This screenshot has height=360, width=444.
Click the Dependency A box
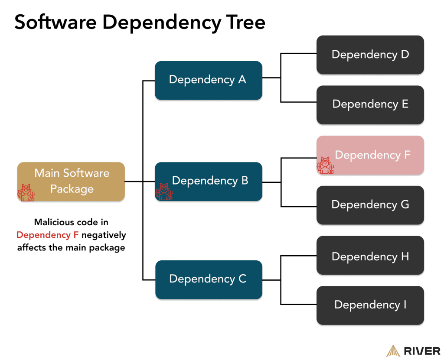click(x=208, y=81)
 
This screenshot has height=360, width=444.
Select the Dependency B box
click(x=208, y=181)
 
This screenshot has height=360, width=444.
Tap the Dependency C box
click(x=208, y=279)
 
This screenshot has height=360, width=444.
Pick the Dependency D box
click(x=370, y=55)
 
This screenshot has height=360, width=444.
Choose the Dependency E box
click(x=370, y=105)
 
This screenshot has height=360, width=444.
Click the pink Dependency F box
click(x=370, y=155)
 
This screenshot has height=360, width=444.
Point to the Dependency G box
click(x=370, y=205)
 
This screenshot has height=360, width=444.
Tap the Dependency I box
click(x=370, y=305)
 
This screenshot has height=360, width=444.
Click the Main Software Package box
click(x=71, y=181)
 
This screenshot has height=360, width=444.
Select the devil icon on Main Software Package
click(x=26, y=192)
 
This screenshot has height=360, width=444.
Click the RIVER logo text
click(x=422, y=350)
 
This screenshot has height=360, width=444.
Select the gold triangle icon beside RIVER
click(x=392, y=350)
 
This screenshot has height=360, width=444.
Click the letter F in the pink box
click(x=407, y=155)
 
